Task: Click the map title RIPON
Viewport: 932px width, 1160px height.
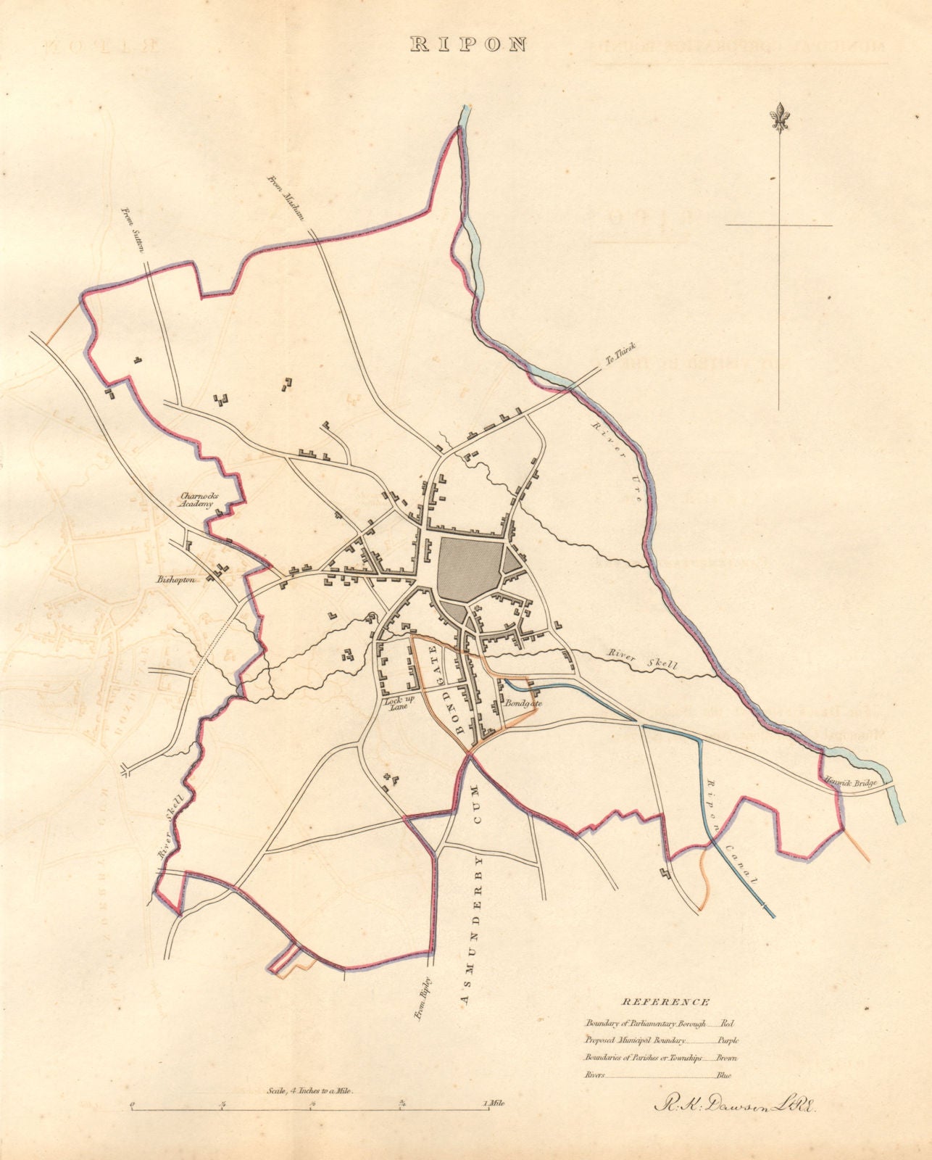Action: (x=467, y=43)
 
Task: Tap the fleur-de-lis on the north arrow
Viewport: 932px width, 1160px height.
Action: (x=780, y=117)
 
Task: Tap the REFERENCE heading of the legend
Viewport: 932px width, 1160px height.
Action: (x=665, y=1002)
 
